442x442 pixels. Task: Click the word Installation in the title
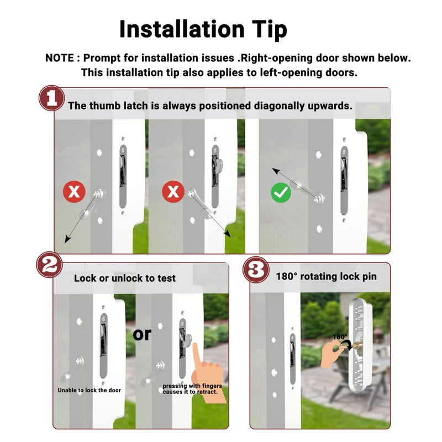pyautogui.click(x=182, y=29)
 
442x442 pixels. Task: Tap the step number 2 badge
pyautogui.click(x=50, y=265)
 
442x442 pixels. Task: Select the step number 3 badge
pyautogui.click(x=256, y=270)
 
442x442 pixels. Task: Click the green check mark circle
pyautogui.click(x=281, y=193)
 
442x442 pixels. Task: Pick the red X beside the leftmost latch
pyautogui.click(x=74, y=192)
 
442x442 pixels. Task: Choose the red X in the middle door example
pyautogui.click(x=173, y=192)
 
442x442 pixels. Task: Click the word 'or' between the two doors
pyautogui.click(x=142, y=334)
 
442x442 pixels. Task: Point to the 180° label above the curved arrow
pyautogui.click(x=340, y=337)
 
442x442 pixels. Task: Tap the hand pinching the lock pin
pyautogui.click(x=333, y=353)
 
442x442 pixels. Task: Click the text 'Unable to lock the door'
pyautogui.click(x=90, y=390)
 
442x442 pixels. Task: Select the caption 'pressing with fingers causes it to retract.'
pyautogui.click(x=192, y=389)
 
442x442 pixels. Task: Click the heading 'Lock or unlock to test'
pyautogui.click(x=125, y=278)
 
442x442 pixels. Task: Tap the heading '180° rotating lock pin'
pyautogui.click(x=326, y=277)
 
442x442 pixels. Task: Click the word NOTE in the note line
pyautogui.click(x=60, y=58)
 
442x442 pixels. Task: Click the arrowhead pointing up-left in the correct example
pyautogui.click(x=275, y=170)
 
